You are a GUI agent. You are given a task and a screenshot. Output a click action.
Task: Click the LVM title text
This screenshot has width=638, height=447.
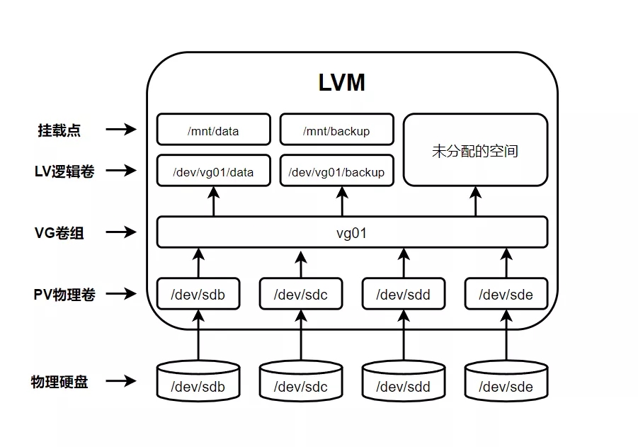click(342, 82)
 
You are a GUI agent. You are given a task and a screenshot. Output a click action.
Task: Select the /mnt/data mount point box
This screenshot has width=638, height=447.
click(213, 130)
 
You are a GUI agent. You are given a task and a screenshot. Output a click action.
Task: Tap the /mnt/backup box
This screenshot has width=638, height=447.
click(336, 130)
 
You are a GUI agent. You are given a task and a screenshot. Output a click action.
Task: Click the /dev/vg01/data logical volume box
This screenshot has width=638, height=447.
click(213, 171)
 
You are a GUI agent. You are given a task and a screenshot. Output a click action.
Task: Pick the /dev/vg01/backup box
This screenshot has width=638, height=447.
click(336, 171)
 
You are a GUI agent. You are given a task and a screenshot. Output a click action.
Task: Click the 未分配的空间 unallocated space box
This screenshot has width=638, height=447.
click(475, 150)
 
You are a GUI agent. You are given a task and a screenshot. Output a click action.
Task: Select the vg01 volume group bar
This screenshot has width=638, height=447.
click(352, 232)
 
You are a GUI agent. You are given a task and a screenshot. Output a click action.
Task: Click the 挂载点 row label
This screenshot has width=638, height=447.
click(59, 130)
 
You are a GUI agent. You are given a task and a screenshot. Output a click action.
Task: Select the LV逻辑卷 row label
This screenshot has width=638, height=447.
click(64, 171)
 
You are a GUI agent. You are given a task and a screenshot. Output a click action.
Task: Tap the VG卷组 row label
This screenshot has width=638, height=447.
click(59, 232)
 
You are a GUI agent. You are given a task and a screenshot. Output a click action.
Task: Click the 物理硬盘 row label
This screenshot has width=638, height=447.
click(59, 382)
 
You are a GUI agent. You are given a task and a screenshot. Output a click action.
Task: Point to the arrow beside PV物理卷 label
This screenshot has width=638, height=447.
click(120, 294)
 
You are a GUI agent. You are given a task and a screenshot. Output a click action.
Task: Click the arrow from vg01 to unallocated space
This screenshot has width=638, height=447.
click(475, 201)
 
